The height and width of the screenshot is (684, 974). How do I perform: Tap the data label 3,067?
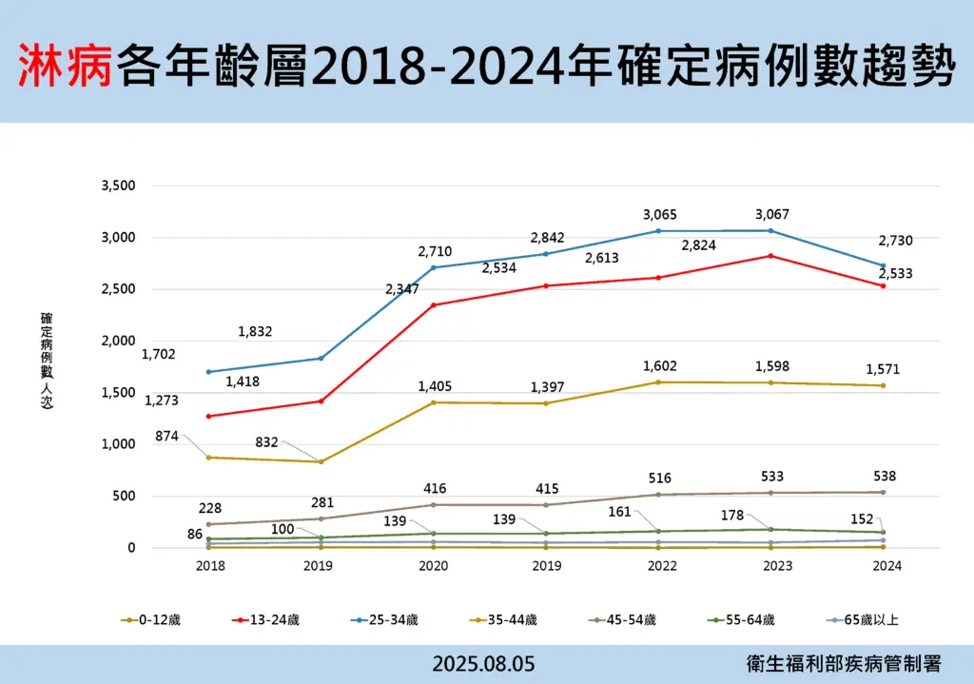(771, 215)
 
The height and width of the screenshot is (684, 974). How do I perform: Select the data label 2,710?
(435, 252)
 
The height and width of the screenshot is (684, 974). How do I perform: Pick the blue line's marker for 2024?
(883, 265)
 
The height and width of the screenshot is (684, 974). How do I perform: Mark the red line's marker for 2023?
(770, 256)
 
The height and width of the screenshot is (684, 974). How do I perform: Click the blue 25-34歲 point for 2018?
(208, 372)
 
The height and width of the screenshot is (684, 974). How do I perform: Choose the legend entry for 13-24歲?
(272, 620)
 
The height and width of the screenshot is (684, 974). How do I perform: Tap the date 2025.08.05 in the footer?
(483, 664)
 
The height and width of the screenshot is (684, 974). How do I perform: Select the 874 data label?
(167, 436)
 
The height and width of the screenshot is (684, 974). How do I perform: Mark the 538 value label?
(884, 477)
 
